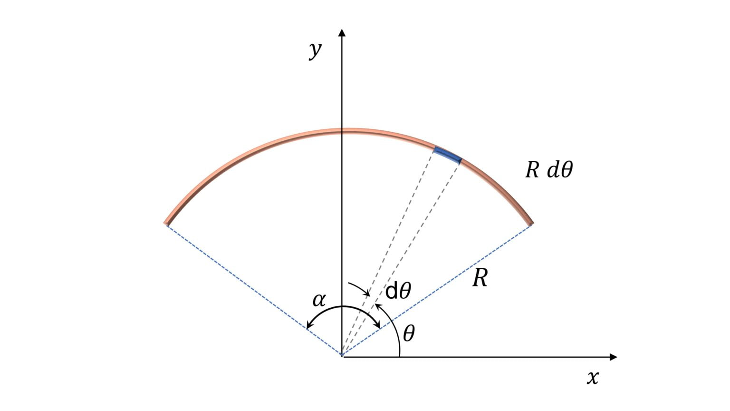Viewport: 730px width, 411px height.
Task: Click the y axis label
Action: click(315, 49)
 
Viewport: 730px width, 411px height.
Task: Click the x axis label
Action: click(593, 378)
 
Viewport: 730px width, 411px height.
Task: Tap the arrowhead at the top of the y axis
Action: click(341, 32)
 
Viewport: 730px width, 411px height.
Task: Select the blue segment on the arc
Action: click(447, 156)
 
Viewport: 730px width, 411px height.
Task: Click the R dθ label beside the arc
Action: click(549, 170)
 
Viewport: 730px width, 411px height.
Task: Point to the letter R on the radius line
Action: click(480, 279)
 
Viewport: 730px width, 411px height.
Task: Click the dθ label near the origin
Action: click(398, 291)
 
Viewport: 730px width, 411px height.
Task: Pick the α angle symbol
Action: click(319, 300)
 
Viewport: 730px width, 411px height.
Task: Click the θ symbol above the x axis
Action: click(409, 334)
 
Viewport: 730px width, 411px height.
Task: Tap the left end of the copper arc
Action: click(167, 222)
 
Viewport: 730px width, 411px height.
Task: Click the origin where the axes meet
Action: click(342, 356)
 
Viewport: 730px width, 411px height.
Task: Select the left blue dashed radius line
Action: click(252, 288)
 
